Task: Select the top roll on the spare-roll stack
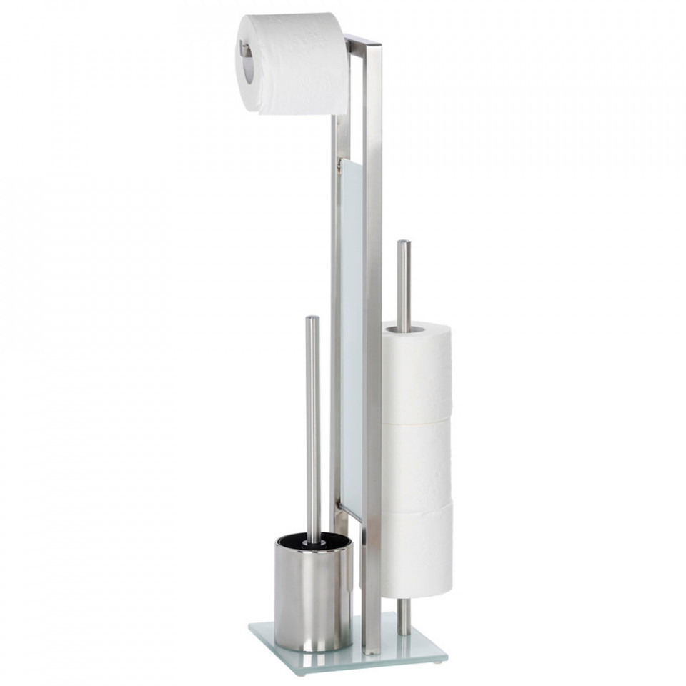[416, 372]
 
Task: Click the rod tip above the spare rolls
[404, 244]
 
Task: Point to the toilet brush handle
[313, 429]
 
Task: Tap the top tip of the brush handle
[312, 319]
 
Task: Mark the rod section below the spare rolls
[404, 616]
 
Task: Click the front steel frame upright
[372, 357]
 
